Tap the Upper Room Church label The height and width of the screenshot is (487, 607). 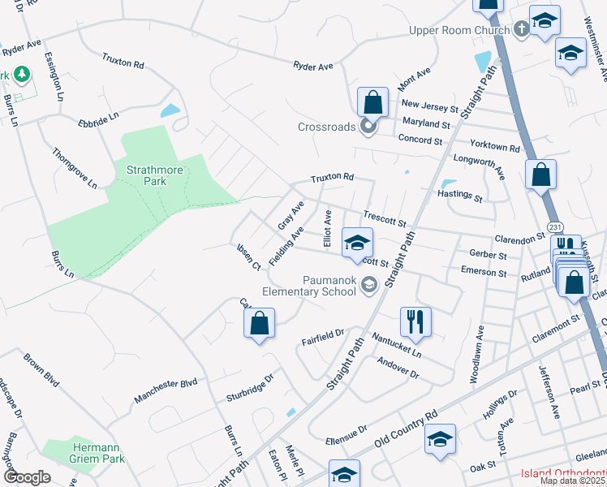pos(459,31)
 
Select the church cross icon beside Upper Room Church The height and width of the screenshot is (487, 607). pos(520,31)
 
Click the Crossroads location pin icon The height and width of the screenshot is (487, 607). pos(368,127)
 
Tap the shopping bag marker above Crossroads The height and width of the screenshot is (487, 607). pos(372,103)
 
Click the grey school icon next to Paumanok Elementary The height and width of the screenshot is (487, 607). pos(369,283)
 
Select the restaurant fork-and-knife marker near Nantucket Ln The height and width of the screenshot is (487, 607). pos(415,321)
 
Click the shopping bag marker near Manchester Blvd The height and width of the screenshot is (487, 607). pos(259,323)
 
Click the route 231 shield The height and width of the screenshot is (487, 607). pos(554,226)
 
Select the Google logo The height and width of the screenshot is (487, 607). pos(27,477)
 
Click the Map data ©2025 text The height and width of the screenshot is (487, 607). pos(572,481)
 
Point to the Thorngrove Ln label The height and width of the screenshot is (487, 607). pos(74,168)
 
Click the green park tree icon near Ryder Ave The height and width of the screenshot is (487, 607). pos(23,75)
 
